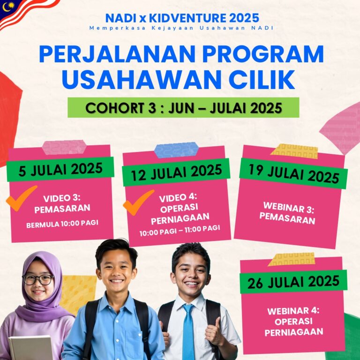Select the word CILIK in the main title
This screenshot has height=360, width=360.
coord(262,79)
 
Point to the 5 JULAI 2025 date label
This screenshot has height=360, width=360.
coord(60,169)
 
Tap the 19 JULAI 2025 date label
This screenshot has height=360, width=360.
coord(293,174)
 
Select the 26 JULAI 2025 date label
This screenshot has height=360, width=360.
coord(293,282)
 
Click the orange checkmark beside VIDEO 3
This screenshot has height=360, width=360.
coord(21,198)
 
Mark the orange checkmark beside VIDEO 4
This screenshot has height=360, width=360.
coord(138,202)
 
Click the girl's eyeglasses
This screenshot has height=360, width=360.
coord(38,279)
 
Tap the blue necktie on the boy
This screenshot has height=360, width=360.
coord(188,331)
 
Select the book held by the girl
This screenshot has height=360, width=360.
coord(30,348)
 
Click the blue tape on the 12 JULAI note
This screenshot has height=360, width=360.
coord(176,150)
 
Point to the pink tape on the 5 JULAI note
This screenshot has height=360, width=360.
coord(64,147)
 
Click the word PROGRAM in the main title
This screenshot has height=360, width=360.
coord(262,54)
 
